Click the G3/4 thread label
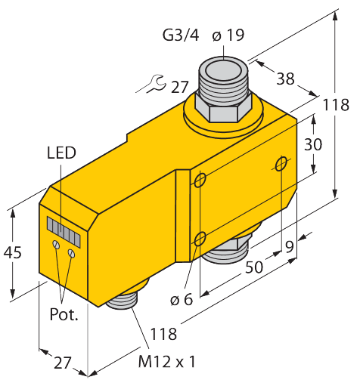click(178, 35)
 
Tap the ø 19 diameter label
click(227, 35)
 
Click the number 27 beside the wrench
click(179, 87)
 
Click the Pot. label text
click(64, 313)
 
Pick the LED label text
click(61, 153)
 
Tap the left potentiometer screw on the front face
click(55, 245)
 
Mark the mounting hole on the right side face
click(282, 164)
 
